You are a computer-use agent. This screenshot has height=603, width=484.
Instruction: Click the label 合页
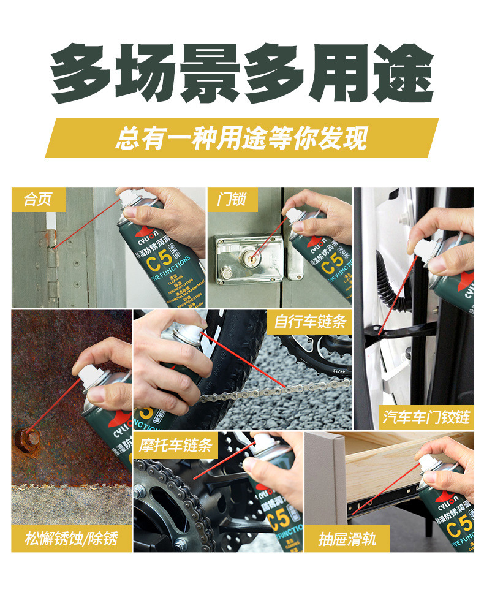[37, 199]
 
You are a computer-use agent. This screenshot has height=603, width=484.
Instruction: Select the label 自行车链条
[310, 322]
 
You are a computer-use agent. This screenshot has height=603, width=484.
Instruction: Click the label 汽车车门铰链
[426, 417]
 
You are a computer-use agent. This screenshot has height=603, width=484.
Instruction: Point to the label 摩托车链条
[175, 444]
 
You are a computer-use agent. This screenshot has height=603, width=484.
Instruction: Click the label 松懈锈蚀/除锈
[71, 539]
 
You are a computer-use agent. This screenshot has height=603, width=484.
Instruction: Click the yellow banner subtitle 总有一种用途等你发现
[242, 138]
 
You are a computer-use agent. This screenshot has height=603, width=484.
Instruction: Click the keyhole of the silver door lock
[251, 256]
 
